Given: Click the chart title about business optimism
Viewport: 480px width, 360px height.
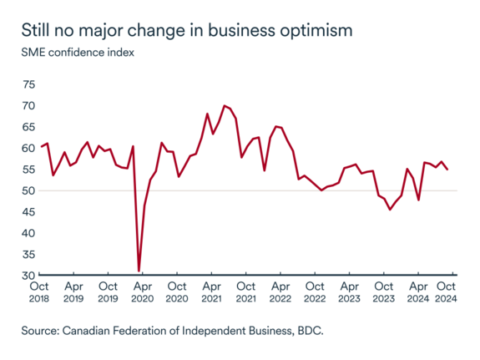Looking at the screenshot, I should click(x=186, y=30).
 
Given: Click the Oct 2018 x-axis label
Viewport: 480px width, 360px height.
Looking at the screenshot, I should click(x=40, y=292).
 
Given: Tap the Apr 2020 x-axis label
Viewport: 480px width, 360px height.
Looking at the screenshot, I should click(x=143, y=292).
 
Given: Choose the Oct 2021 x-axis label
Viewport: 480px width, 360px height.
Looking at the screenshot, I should click(x=246, y=292).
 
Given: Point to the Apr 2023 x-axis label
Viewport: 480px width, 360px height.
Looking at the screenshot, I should click(x=350, y=292).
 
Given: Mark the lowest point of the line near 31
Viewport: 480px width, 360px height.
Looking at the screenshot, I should click(x=139, y=271).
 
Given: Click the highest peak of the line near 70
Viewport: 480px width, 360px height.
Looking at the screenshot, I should click(x=224, y=106).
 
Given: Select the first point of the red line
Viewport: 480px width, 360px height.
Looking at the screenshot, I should click(x=42, y=146).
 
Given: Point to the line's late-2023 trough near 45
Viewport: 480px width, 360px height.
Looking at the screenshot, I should click(x=390, y=210).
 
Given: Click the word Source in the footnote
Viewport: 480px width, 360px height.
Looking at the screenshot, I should click(x=41, y=332).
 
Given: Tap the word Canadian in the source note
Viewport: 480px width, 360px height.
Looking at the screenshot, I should click(x=90, y=332).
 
